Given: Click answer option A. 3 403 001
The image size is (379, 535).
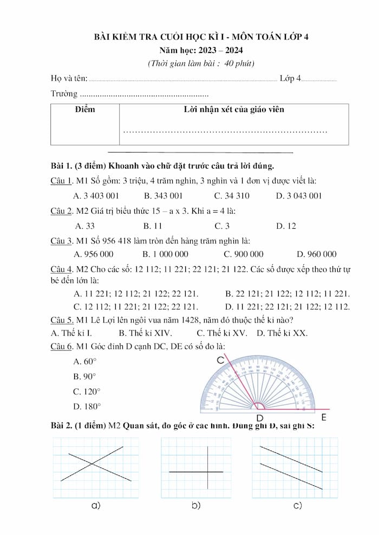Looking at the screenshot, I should [x=96, y=195].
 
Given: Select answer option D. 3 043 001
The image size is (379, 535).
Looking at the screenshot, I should [x=298, y=195].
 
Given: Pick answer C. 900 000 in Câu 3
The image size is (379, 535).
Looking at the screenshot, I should [x=243, y=254].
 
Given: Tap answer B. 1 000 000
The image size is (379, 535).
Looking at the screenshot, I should [x=165, y=254].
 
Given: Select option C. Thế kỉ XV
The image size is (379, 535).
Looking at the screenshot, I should [x=221, y=333].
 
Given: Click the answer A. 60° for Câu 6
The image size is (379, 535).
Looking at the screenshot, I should [x=84, y=361].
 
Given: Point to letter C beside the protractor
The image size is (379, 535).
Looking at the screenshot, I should [x=220, y=360].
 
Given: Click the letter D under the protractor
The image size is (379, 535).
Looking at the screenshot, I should [x=259, y=418].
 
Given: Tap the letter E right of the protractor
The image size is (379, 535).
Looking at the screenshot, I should [x=324, y=417].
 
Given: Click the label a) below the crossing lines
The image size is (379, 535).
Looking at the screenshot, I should [x=96, y=505].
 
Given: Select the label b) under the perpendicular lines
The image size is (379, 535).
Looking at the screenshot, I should [x=196, y=505].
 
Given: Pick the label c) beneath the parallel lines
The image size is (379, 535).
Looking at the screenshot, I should [x=297, y=505].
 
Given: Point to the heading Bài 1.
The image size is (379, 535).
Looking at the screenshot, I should [x=61, y=165].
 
